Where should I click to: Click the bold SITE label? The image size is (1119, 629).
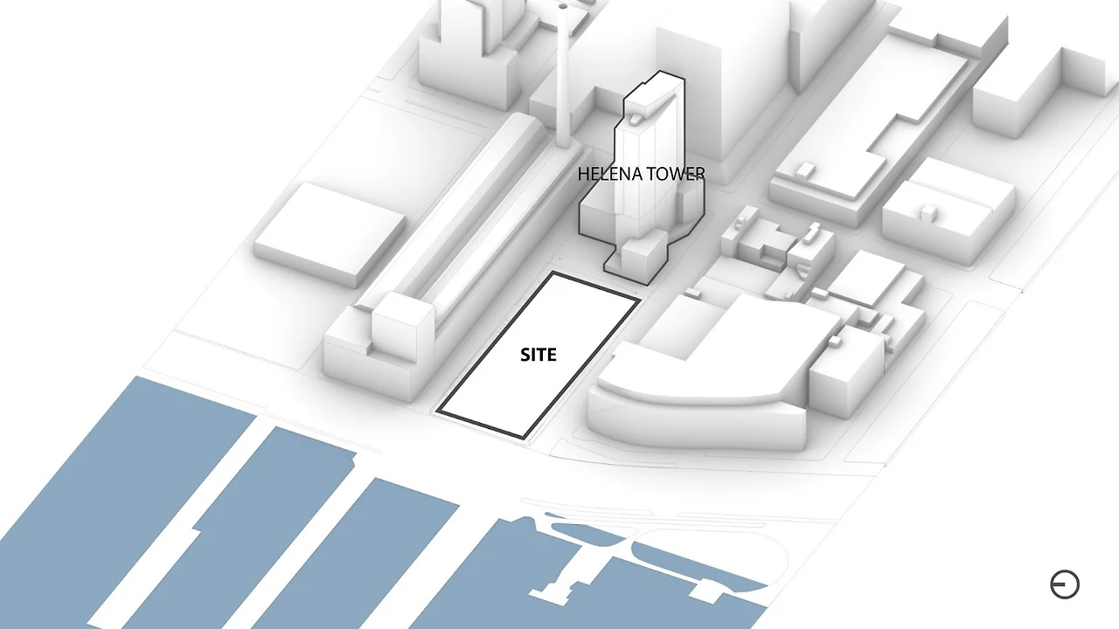[x=538, y=355]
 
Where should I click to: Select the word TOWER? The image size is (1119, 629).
[x=675, y=175]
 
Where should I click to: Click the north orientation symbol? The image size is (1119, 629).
[x=1064, y=584]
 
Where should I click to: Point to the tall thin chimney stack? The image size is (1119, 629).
[x=563, y=79]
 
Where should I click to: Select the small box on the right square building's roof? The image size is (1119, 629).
[x=928, y=210]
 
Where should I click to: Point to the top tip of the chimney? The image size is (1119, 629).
[x=563, y=6]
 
